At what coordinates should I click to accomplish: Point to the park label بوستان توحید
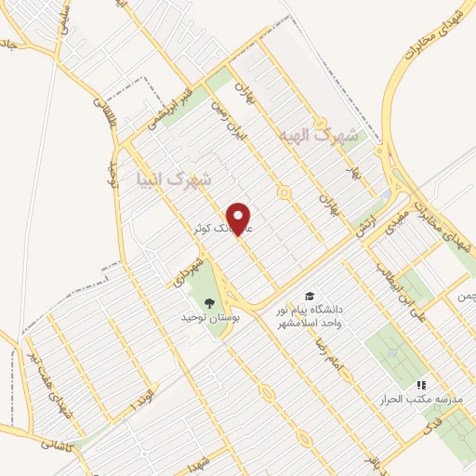(211, 318)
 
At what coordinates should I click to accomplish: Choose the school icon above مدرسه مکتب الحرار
(420, 383)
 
